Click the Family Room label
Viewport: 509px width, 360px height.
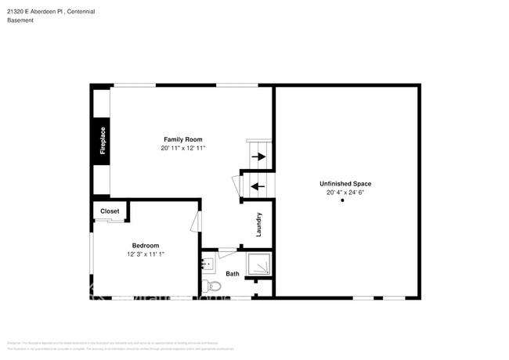[x=182, y=139]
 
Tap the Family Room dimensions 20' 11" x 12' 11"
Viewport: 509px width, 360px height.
[x=182, y=148]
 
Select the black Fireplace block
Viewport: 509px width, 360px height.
[x=102, y=141]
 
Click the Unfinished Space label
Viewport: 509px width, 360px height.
[x=345, y=183]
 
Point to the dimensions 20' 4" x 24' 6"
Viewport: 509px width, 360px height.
[x=345, y=192]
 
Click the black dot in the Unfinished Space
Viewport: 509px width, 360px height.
[x=342, y=201]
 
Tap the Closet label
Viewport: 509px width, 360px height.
[x=110, y=211]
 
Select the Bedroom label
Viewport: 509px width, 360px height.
[x=145, y=245]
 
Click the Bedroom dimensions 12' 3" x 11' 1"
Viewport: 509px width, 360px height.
[x=145, y=254]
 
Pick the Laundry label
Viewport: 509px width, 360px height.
[x=258, y=225]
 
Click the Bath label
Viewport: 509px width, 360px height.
[x=233, y=274]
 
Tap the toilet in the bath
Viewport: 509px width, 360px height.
[x=208, y=284]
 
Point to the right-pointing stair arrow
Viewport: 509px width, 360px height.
[x=258, y=157]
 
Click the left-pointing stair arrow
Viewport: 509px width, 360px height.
[x=258, y=186]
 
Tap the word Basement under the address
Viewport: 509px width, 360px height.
[x=21, y=20]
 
